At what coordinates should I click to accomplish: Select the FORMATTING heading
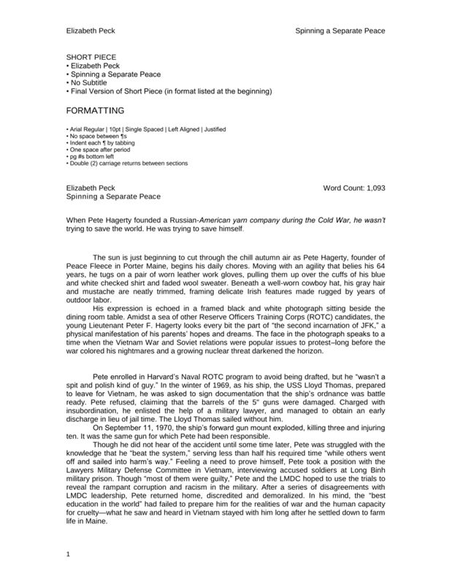click(95, 111)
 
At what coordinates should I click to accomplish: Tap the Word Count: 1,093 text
click(353, 188)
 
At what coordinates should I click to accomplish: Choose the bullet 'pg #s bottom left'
click(93, 157)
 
